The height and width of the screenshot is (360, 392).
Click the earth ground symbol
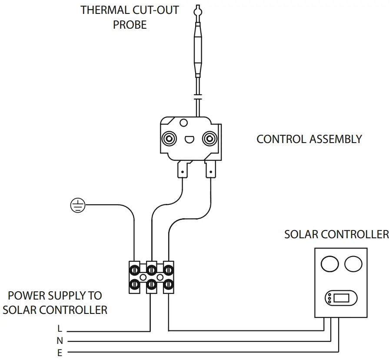coord(77,205)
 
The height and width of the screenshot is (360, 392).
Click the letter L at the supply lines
coord(60,329)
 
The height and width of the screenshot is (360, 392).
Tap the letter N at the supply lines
coord(60,341)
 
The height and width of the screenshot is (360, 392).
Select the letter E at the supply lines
coord(60,353)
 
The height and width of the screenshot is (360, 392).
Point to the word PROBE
coord(130,25)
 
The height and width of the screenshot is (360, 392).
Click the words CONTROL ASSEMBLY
coord(309,139)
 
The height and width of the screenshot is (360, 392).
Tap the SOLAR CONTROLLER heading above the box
coord(336,234)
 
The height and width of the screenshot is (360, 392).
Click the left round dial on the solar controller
coord(330,263)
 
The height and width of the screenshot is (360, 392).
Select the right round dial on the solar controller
coord(353,263)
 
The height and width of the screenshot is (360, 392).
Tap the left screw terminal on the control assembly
coord(169,139)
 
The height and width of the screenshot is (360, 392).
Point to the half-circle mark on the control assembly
coord(189,140)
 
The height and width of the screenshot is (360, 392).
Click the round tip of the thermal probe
coord(198,8)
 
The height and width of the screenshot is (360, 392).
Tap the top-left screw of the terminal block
coord(135,270)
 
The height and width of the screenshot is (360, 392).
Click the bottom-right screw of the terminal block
coord(168,285)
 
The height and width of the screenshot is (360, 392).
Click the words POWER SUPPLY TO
coord(55,296)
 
